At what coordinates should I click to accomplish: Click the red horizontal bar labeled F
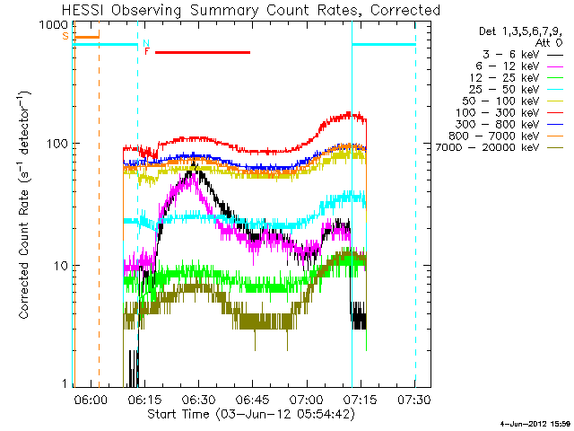point(203,52)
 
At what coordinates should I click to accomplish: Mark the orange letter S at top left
point(65,36)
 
